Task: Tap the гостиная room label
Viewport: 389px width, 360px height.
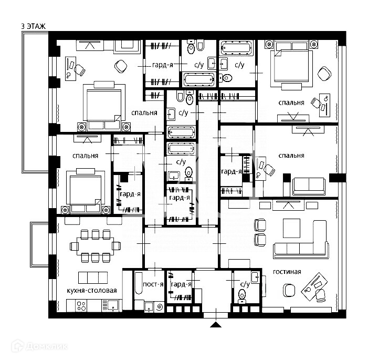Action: (287, 272)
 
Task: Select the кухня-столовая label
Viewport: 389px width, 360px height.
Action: (92, 291)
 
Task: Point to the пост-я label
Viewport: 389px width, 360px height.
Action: (153, 284)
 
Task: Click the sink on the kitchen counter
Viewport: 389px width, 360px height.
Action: (111, 304)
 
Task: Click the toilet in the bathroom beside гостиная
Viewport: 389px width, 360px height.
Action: (242, 294)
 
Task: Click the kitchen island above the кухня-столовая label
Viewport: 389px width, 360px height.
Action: (93, 277)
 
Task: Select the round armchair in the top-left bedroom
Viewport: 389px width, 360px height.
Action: (121, 65)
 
